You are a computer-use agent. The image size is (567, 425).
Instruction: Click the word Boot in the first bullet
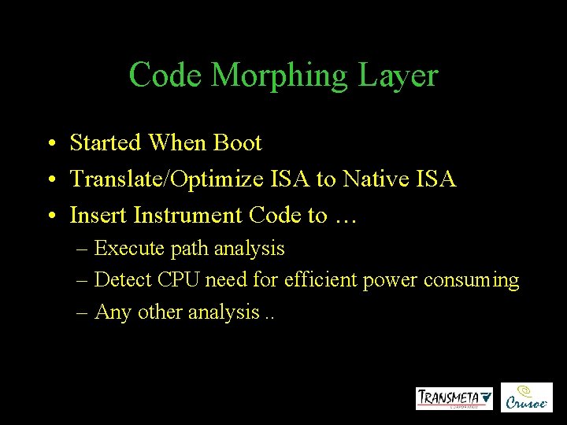pyautogui.click(x=237, y=143)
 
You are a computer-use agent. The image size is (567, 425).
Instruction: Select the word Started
pyautogui.click(x=105, y=143)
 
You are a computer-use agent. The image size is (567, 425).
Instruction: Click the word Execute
pyautogui.click(x=129, y=249)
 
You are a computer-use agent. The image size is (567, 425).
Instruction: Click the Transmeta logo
pyautogui.click(x=454, y=397)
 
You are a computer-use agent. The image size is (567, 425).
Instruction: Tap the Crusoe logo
pyautogui.click(x=527, y=397)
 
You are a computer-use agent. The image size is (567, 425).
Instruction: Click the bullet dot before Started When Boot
pyautogui.click(x=50, y=144)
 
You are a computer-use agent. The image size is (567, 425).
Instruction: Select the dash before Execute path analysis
pyautogui.click(x=83, y=249)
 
